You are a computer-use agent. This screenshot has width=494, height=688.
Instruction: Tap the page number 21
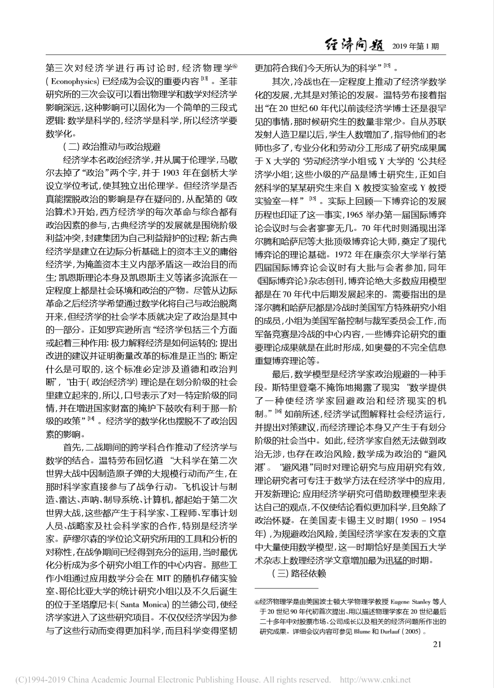pos(437,644)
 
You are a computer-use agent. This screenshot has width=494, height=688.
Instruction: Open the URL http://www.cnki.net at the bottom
pos(375,680)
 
